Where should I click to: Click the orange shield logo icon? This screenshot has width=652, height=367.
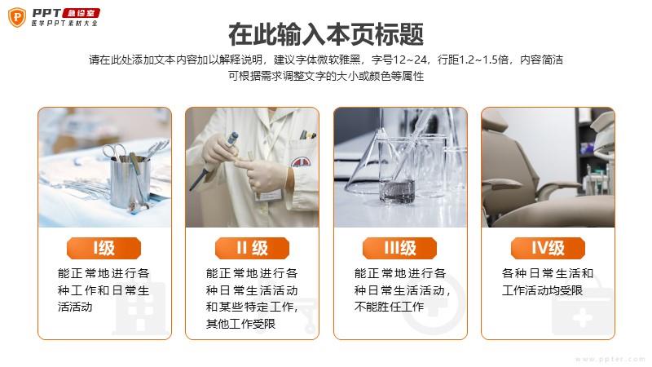17,17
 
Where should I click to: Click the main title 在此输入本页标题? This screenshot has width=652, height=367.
326,34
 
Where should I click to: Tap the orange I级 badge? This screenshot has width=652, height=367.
104,249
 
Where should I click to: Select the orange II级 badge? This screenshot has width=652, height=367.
252,249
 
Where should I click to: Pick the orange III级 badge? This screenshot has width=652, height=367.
399,249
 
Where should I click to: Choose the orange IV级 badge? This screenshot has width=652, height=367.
548,249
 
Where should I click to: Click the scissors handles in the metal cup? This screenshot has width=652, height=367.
114,151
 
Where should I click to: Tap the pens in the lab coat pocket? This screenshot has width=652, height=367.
308,135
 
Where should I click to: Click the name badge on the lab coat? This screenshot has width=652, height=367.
269,195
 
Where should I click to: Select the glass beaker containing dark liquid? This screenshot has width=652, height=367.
398,170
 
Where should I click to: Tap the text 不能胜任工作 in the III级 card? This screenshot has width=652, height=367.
390,307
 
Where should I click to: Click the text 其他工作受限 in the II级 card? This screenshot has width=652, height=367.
240,324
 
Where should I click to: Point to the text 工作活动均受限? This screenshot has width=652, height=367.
542,290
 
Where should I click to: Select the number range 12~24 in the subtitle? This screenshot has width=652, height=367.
410,60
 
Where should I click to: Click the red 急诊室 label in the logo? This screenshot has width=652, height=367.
81,13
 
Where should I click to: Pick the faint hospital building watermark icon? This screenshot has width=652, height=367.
140,309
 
